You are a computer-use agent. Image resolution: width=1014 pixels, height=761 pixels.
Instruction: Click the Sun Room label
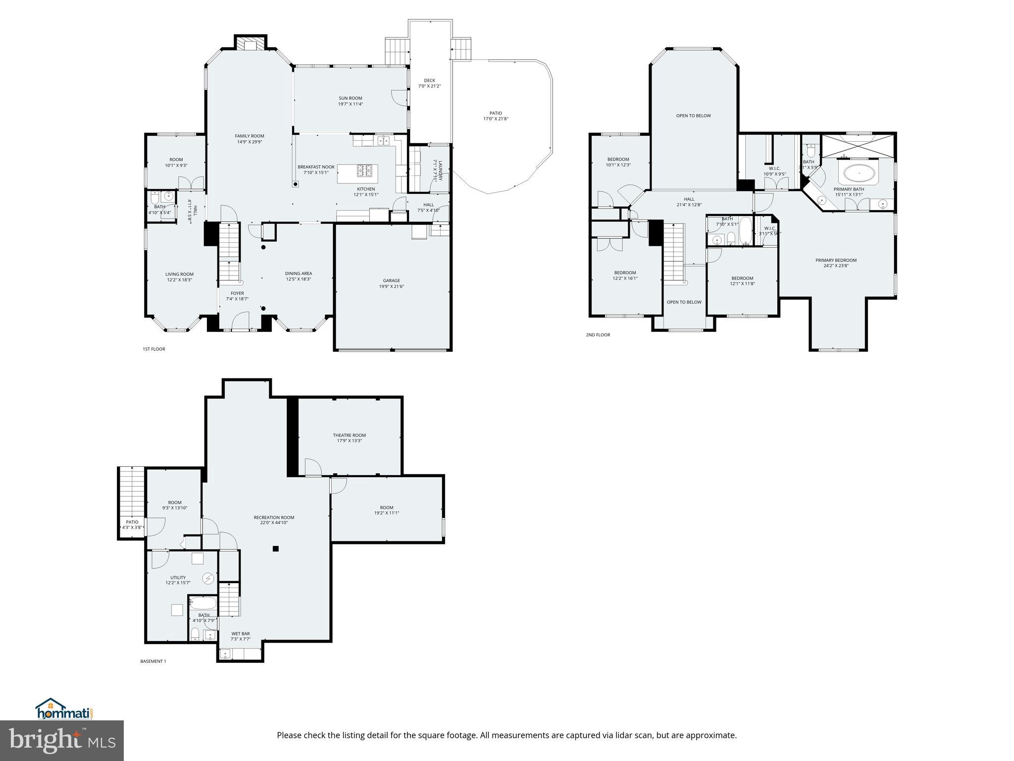coord(350,98)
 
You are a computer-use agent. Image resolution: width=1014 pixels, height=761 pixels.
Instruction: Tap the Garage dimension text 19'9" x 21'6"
coord(391,286)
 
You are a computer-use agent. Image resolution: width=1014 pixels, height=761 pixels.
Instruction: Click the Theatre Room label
coord(349,435)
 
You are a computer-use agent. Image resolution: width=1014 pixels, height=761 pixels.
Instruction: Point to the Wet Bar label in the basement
coord(241,633)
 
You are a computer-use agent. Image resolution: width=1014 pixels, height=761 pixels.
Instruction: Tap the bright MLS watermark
coord(62,741)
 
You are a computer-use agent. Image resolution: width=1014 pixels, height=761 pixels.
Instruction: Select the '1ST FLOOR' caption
coord(153,349)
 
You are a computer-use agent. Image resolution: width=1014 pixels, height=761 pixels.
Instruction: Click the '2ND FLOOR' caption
coord(598,335)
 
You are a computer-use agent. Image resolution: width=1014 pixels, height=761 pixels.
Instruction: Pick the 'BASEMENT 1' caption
coord(153,661)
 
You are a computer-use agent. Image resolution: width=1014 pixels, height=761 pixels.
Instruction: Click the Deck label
coord(429,80)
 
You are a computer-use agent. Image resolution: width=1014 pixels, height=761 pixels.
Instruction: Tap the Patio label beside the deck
coord(496,113)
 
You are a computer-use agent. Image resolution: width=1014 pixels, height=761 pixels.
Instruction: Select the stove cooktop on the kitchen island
coord(366,171)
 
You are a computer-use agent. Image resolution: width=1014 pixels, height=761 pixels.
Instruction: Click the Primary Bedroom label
coord(836,260)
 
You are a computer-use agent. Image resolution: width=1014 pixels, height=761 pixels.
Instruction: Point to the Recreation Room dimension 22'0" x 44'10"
coord(274,522)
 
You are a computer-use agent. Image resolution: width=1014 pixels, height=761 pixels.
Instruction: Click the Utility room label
coord(178,577)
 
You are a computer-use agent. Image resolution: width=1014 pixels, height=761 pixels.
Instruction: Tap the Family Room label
coord(250,136)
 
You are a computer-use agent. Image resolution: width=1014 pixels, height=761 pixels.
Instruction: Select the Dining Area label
coord(298,273)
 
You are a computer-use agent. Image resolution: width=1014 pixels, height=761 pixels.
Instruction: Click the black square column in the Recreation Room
coord(276,548)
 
